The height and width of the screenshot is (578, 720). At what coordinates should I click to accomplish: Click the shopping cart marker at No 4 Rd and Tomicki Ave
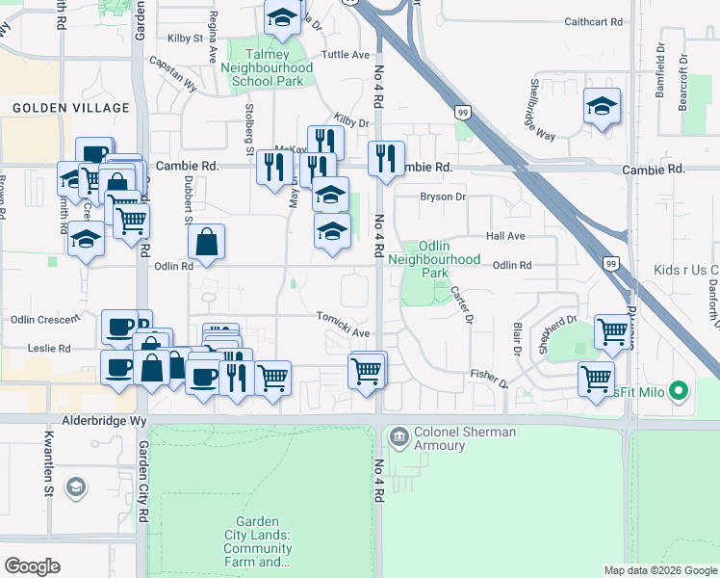click(x=366, y=370)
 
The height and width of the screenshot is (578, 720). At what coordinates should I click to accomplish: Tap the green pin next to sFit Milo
click(x=680, y=391)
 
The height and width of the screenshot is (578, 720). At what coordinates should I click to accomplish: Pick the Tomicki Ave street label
click(x=344, y=324)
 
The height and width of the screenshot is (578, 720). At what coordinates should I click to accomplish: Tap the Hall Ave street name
click(x=505, y=236)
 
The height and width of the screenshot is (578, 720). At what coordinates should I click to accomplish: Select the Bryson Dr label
click(x=443, y=197)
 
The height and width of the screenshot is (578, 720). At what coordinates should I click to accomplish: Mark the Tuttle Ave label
click(x=346, y=55)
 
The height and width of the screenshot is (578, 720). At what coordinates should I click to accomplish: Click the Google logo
click(x=32, y=566)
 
